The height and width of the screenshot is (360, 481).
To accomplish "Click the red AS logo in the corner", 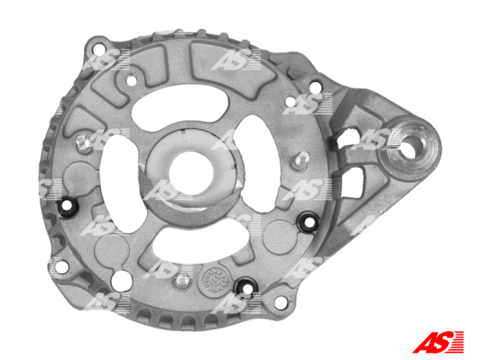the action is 439,342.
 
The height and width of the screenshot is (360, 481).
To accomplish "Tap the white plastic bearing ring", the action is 190,170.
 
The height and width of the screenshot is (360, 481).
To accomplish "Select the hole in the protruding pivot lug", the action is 411,147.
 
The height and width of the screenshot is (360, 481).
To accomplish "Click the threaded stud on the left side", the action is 82,143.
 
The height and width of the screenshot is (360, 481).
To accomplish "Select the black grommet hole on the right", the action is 310,221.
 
